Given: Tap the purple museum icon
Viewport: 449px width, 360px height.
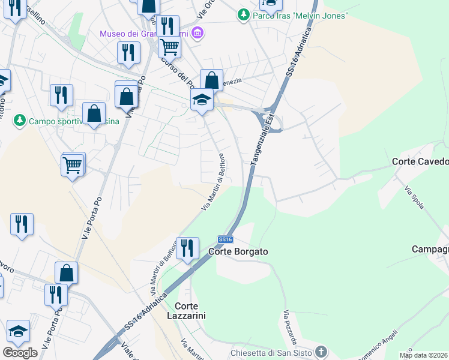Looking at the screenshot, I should coord(198,33).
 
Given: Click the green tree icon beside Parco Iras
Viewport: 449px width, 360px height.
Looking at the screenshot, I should coord(243,14).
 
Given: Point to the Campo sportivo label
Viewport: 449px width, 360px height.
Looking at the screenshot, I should coord(66,121).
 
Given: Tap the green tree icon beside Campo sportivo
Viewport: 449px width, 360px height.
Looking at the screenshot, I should coord(20,121).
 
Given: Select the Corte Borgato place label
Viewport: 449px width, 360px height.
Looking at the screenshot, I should coord(238,252).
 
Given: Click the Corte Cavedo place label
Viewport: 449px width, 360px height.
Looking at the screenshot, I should coord(420,161).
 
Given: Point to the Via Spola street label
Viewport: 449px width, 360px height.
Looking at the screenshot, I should coord(415,198).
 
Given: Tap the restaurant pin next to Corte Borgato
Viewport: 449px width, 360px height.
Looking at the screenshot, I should coord(187,248).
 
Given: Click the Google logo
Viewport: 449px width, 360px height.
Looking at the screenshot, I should coord(20,353).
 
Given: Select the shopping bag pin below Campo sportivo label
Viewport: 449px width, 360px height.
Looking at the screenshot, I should coord(94,114).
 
